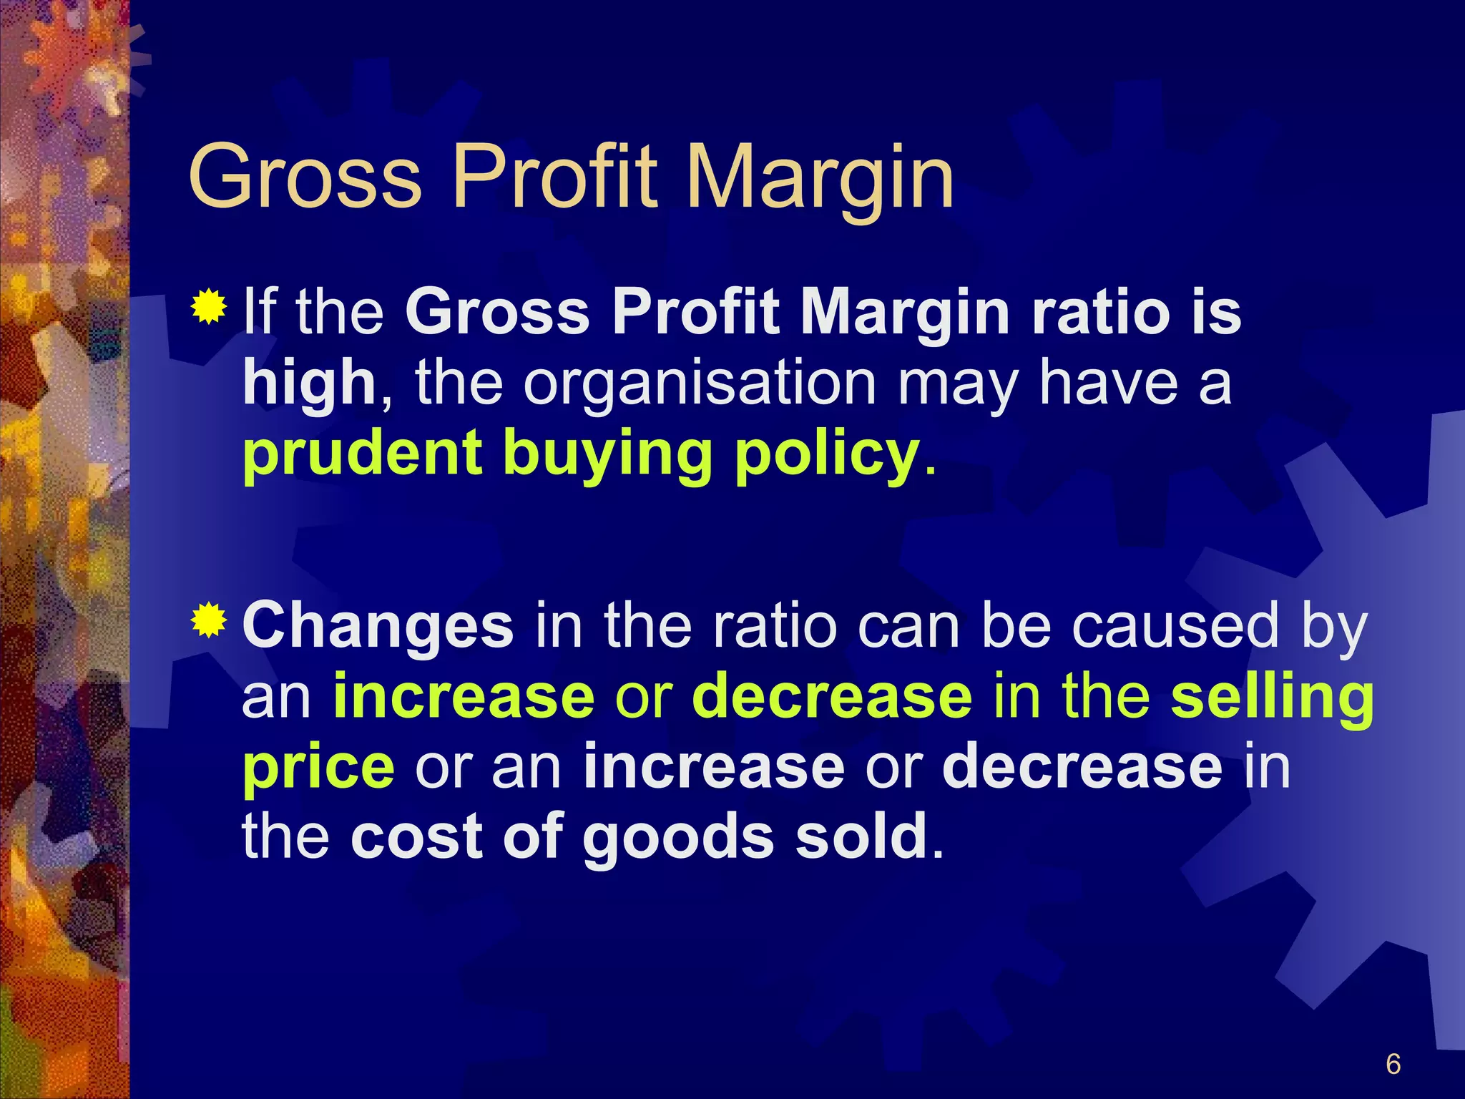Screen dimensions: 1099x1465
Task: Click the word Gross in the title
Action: tap(305, 177)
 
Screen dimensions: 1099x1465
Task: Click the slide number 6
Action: tap(1393, 1064)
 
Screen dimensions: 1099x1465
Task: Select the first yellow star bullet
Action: tap(209, 308)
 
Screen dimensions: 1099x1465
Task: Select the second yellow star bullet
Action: tap(209, 620)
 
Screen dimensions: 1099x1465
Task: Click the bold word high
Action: tap(310, 384)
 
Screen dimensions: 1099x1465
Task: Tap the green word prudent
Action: tap(362, 454)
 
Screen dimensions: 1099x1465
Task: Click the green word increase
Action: tap(464, 696)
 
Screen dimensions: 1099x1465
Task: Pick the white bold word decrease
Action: tap(1082, 766)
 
